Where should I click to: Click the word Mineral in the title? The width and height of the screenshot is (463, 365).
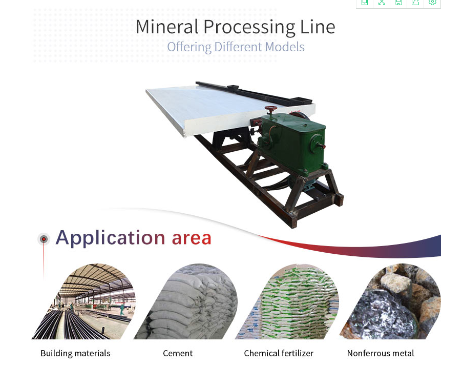click(x=167, y=27)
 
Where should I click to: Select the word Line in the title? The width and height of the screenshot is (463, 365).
click(x=318, y=27)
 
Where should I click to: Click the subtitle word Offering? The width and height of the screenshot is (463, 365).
click(x=190, y=47)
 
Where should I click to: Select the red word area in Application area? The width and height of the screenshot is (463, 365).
click(x=192, y=238)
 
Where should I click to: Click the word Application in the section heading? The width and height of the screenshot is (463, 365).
click(x=111, y=238)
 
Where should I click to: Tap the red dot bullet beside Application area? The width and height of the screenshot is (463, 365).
click(x=44, y=239)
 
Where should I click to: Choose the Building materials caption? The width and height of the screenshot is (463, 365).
click(x=75, y=354)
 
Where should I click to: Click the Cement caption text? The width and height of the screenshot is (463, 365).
click(x=178, y=354)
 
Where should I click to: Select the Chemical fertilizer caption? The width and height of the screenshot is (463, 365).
click(x=279, y=354)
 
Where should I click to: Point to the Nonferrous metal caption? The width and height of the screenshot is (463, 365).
click(x=381, y=354)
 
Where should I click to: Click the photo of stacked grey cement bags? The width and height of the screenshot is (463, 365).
click(x=189, y=303)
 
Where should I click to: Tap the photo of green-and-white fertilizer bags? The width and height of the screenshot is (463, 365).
click(x=291, y=303)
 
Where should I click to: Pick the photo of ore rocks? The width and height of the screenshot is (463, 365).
click(x=393, y=303)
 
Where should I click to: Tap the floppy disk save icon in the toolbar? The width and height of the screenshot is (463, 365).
click(x=398, y=2)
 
